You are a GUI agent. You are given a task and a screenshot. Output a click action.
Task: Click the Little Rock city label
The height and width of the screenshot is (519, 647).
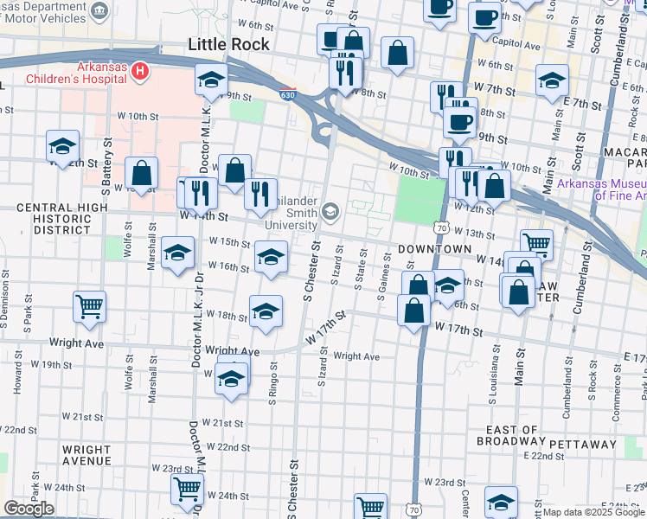click(x=229, y=44)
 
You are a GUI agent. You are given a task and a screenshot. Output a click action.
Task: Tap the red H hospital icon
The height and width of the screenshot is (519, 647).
click(x=142, y=67)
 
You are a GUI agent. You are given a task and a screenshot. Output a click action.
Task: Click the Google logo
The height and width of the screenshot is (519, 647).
click(x=29, y=508)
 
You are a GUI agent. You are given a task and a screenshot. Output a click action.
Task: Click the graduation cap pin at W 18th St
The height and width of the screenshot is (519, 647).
click(x=266, y=310)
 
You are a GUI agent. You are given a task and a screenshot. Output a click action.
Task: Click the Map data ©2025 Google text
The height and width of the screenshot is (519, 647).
click(x=594, y=512)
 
